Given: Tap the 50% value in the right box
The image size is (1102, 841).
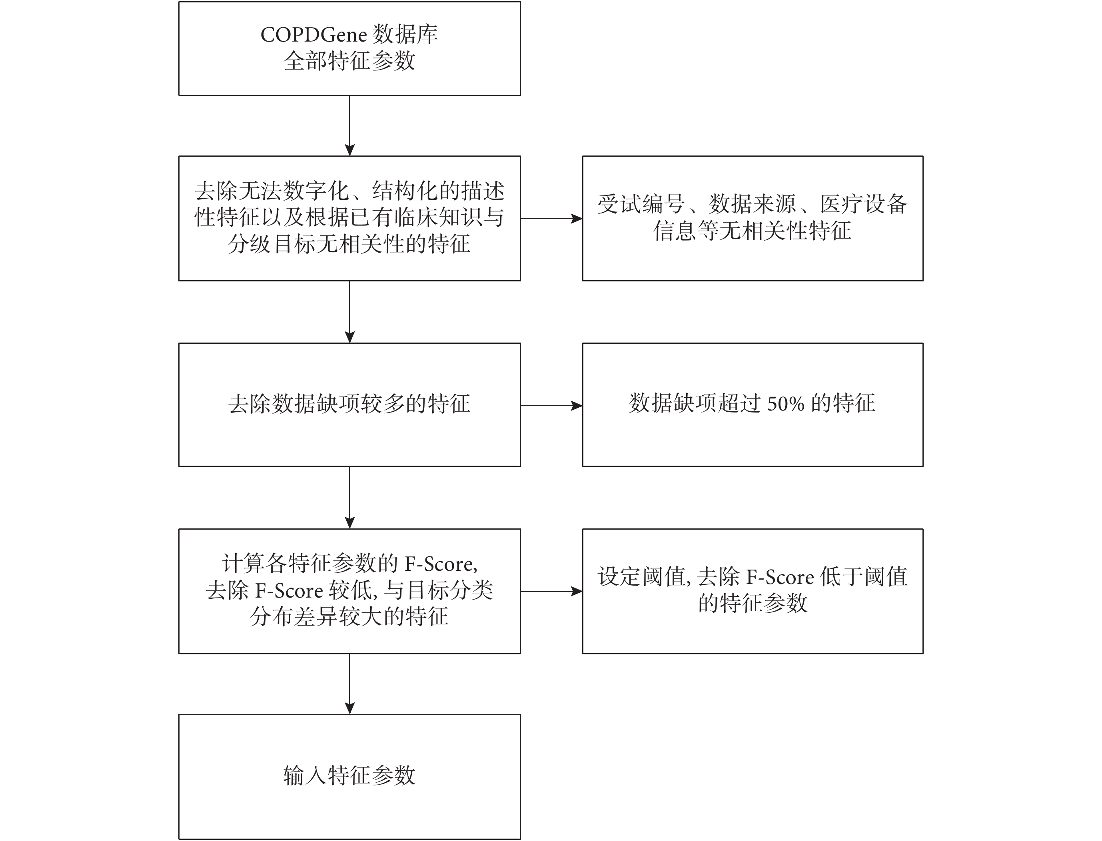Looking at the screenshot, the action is pos(786,403).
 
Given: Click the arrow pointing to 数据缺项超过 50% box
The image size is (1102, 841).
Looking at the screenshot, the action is pos(551,405).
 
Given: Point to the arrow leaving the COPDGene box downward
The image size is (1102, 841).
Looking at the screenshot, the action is pos(349,126).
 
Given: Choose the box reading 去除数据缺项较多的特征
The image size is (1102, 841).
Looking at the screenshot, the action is pos(349,405).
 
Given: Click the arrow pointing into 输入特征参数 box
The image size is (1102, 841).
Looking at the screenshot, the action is pos(349,684).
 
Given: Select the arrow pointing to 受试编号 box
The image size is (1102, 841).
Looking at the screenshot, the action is pos(551,218).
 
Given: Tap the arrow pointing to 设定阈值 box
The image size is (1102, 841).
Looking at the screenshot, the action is pos(551,591).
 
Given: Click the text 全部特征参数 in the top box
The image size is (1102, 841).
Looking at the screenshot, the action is pos(349,61).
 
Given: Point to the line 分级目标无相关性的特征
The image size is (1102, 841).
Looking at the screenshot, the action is pos(349,244).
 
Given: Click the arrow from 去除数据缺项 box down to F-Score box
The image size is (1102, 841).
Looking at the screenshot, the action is pos(349,498).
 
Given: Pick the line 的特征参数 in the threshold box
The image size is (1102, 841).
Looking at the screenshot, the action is pos(753,603).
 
